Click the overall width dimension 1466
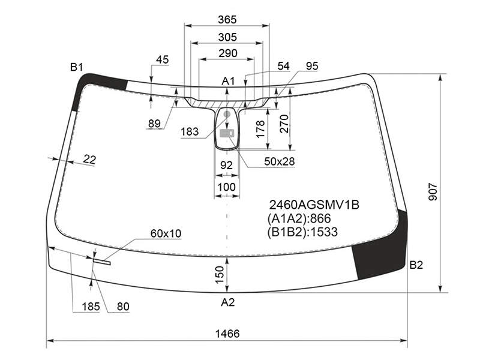(227, 334)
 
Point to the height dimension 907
(433, 192)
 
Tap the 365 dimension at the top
(227, 20)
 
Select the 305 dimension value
(227, 37)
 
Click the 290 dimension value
(228, 53)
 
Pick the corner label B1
(77, 67)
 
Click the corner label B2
(416, 265)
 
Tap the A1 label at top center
(228, 81)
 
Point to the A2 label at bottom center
(228, 302)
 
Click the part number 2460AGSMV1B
(314, 205)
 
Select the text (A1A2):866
(299, 218)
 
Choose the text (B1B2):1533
(302, 232)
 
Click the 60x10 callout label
(166, 233)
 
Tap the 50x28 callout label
(279, 161)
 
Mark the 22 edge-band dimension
(89, 160)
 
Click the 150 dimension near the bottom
(220, 275)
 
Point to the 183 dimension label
(190, 131)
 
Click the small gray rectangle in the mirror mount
(227, 133)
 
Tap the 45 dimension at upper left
(162, 59)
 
